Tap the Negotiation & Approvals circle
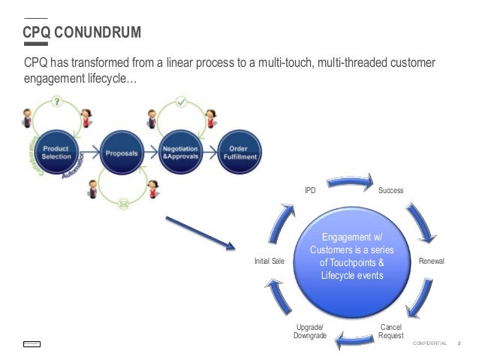click(x=180, y=153)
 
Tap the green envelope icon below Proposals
click(x=123, y=202)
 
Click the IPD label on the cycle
click(x=309, y=191)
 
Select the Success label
click(x=390, y=191)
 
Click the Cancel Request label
click(x=390, y=331)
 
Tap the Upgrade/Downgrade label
click(x=309, y=331)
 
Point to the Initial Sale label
click(x=270, y=262)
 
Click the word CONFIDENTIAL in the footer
click(x=429, y=343)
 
